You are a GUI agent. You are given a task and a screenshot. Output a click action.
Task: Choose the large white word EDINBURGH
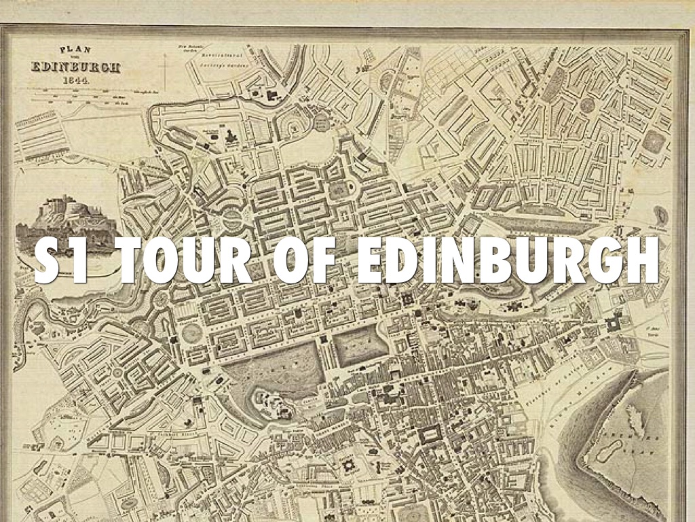pos(506,262)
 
